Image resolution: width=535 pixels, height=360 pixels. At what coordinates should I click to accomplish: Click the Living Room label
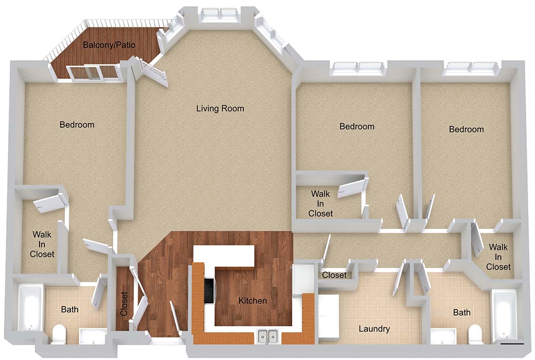coord(220,108)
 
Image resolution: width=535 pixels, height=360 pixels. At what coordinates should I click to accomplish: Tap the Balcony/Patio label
coord(109,45)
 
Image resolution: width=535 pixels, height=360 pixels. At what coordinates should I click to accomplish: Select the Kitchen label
coord(253,301)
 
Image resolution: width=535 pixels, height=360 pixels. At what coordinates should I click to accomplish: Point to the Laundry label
coord(374,329)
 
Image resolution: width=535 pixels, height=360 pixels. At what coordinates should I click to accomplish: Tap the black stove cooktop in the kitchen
coord(209,291)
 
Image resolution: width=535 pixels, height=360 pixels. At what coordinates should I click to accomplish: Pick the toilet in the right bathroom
coord(475,335)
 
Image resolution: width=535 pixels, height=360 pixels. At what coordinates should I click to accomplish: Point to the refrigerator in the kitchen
coord(303,278)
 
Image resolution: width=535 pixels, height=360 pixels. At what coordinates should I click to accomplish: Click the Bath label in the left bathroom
coord(69,309)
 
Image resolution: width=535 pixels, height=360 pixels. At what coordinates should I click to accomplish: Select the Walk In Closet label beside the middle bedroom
coord(321,204)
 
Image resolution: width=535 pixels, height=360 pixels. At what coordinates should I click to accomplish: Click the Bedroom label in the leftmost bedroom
coord(77,124)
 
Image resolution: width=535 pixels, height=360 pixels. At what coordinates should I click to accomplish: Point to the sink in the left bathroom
coord(93,336)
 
